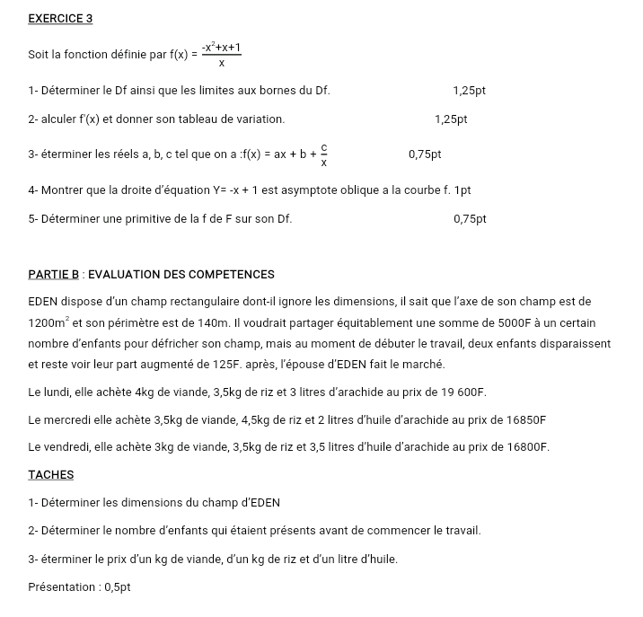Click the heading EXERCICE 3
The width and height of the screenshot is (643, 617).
coord(61,18)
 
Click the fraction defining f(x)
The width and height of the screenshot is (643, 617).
coord(221,55)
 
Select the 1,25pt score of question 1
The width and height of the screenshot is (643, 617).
coord(470,91)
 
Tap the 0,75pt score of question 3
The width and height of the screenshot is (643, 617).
coord(425,154)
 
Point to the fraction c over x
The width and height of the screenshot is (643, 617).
coord(324,154)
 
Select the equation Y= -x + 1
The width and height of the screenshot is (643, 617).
coord(246,190)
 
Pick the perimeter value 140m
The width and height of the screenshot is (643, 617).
coord(214,322)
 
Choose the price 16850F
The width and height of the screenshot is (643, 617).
coord(519,419)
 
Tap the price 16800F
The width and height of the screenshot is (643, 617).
coord(522,446)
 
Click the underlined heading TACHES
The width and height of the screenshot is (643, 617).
coord(51,474)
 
